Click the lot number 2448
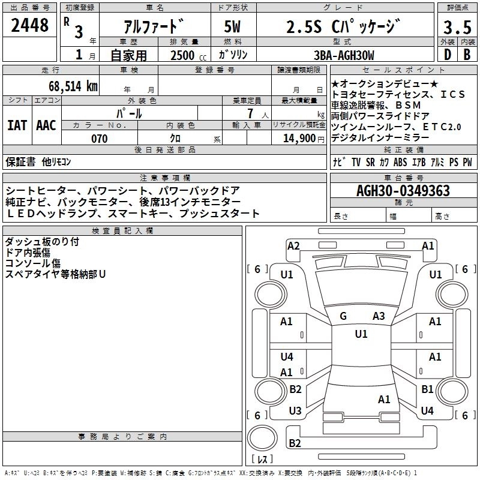tap(29, 25)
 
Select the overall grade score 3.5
tap(457, 27)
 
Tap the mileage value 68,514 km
tap(73, 86)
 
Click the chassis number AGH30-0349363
tap(403, 191)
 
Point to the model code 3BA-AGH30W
tap(344, 55)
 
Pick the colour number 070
tap(100, 139)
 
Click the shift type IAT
tap(17, 125)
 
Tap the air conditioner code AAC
tap(46, 125)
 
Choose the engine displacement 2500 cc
tap(188, 55)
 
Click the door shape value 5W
tap(232, 26)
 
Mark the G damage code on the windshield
tap(343, 316)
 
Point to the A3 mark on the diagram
tap(379, 316)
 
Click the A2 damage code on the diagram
tap(293, 246)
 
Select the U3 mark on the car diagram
tap(295, 410)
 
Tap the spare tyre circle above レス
tap(262, 438)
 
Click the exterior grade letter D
tap(448, 55)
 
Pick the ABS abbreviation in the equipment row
tap(400, 162)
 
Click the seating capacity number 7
tap(250, 113)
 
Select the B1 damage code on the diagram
tap(427, 389)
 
